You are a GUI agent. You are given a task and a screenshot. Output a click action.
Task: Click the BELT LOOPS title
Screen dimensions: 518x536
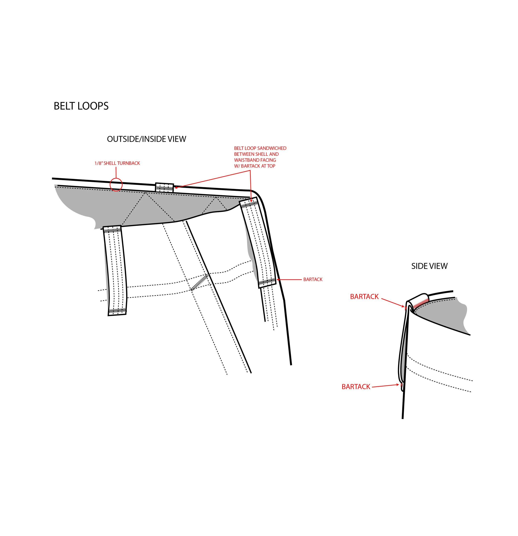tap(81, 106)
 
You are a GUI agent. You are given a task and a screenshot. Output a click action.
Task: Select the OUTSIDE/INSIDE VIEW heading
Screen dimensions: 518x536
tap(146, 139)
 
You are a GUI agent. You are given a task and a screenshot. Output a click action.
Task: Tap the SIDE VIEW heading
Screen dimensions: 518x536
tap(429, 266)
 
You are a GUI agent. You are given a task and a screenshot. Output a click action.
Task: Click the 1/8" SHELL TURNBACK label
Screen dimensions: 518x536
tap(117, 163)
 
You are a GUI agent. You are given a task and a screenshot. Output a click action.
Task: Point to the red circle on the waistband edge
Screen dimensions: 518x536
tap(116, 185)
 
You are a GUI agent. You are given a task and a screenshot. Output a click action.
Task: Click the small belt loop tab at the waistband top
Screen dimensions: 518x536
tap(164, 188)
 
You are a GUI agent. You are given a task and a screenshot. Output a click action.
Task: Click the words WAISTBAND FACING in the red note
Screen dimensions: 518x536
tap(255, 160)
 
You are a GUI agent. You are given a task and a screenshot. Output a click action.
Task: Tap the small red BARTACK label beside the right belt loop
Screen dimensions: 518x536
tap(313, 279)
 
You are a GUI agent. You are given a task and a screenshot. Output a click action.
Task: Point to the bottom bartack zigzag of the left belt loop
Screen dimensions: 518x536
tap(117, 311)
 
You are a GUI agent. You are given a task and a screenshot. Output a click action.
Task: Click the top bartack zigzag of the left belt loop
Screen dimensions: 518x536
tap(112, 231)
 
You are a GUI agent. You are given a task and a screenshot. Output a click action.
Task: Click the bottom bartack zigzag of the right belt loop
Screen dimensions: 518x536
tap(267, 282)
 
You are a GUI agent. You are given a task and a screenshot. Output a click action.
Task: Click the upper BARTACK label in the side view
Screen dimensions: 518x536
tap(364, 297)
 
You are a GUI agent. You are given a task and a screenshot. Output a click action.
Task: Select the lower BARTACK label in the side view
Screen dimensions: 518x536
tap(356, 387)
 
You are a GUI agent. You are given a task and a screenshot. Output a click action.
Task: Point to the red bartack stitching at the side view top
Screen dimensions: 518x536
tap(421, 303)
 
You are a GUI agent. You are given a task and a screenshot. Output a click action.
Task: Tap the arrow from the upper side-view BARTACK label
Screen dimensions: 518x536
tap(393, 303)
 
